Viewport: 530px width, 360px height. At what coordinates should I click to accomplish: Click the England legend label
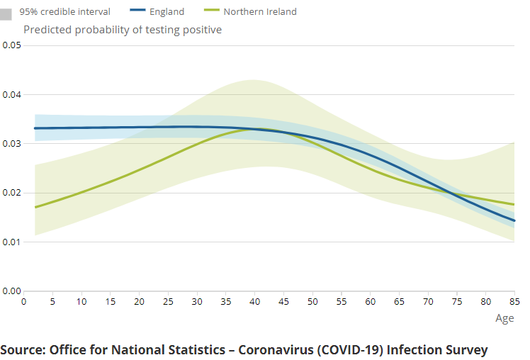(167, 11)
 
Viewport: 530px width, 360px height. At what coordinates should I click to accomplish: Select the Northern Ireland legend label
(260, 11)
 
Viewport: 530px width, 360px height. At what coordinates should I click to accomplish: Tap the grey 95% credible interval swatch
(6, 13)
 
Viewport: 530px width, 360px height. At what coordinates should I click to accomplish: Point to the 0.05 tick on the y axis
(11, 45)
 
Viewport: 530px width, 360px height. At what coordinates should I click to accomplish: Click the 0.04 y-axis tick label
(11, 94)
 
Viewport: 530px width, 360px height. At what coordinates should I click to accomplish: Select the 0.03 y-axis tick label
(11, 143)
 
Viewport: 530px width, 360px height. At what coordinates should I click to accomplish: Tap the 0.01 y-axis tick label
(11, 242)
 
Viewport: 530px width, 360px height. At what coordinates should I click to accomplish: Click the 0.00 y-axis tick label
(11, 291)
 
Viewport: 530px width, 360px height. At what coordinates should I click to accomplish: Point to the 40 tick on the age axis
(254, 301)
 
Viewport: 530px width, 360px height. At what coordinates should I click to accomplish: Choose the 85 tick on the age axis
(514, 301)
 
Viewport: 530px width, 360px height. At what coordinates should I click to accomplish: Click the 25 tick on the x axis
(168, 301)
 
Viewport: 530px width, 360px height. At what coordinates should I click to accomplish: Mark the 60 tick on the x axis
(370, 301)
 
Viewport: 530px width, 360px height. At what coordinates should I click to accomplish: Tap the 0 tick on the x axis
(24, 301)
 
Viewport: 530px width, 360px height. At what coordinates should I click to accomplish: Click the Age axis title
(504, 318)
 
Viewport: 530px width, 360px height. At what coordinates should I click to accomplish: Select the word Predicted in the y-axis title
(47, 30)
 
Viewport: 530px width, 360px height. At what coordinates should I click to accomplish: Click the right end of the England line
(514, 220)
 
